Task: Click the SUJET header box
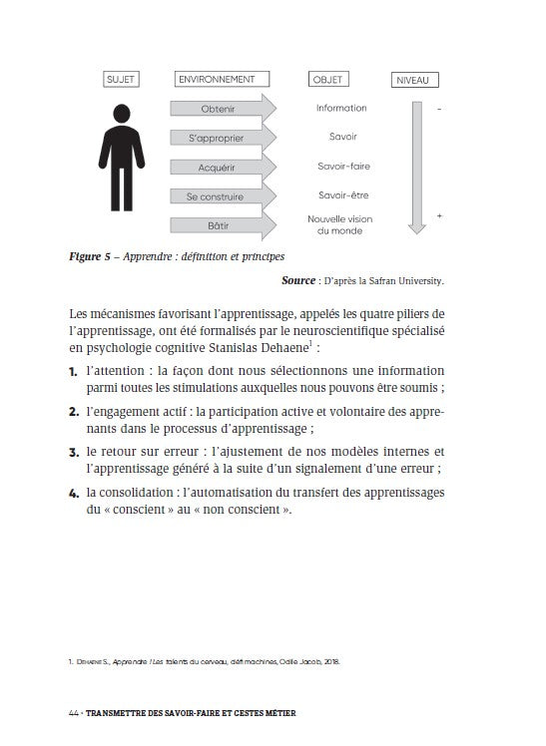click(121, 79)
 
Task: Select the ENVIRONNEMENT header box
click(222, 79)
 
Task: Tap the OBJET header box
click(328, 79)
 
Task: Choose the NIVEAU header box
click(414, 80)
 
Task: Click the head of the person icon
click(122, 113)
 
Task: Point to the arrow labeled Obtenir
click(224, 109)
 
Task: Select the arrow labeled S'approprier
click(224, 138)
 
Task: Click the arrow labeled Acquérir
click(224, 168)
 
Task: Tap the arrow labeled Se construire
click(224, 196)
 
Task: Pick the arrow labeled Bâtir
click(224, 225)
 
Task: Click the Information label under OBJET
click(341, 108)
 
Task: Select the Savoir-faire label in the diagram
click(343, 166)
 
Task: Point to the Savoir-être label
click(343, 195)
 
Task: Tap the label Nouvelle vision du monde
click(340, 225)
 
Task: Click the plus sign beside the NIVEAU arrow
click(439, 216)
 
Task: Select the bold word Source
click(298, 280)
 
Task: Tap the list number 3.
click(74, 453)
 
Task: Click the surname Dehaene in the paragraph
click(284, 348)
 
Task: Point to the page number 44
click(74, 713)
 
